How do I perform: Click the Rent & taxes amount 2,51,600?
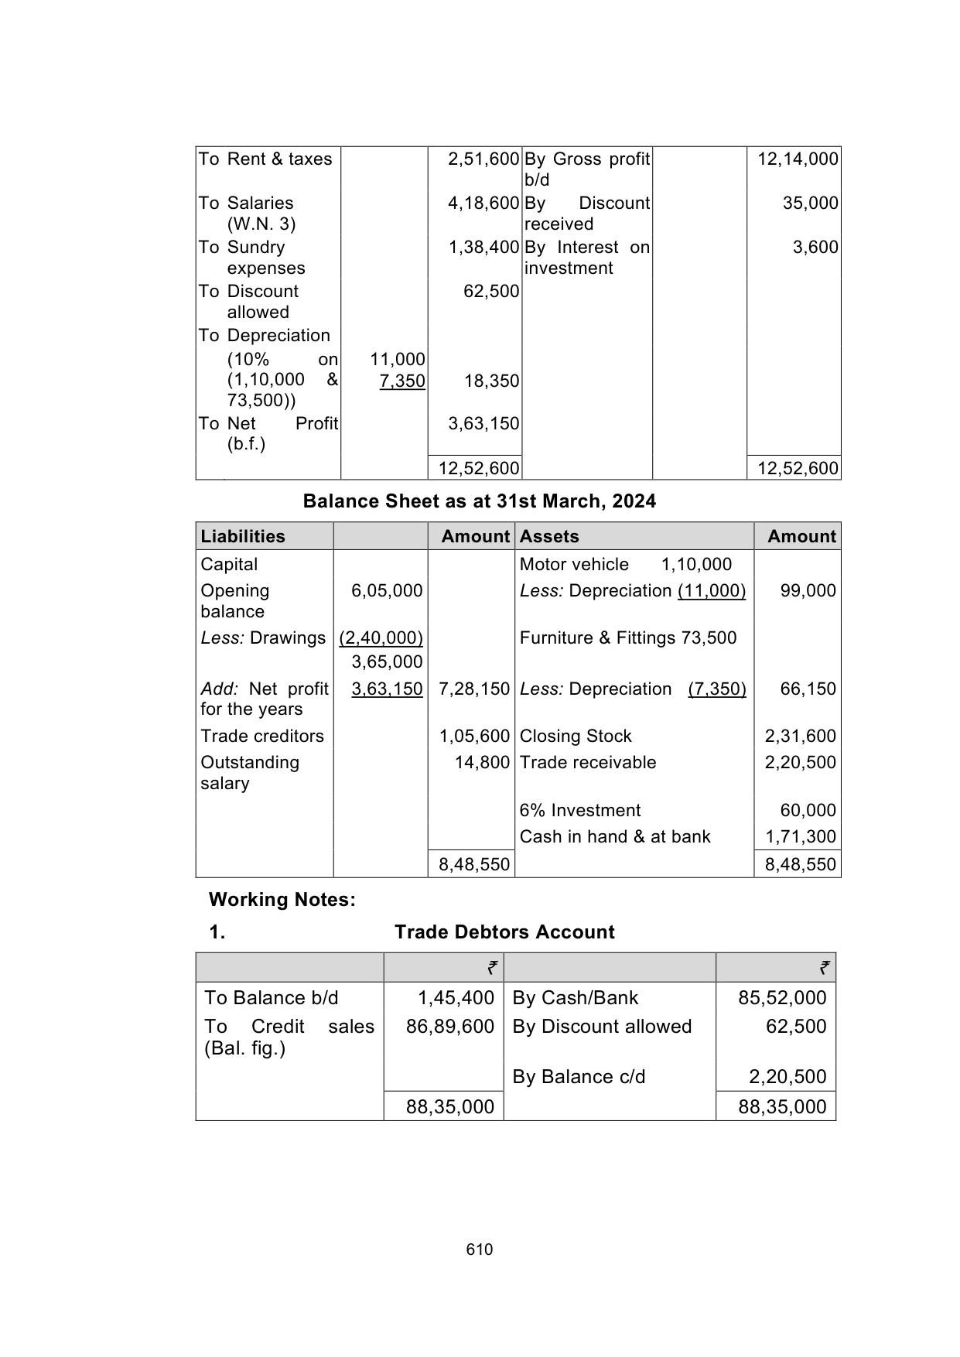coord(483,159)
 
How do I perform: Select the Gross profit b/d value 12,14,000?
coord(798,159)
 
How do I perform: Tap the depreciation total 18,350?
coord(491,381)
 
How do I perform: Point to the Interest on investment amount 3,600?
coord(815,248)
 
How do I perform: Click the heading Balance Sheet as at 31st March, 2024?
coord(479,501)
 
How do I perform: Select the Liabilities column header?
coord(243,536)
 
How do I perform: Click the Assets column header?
coord(549,536)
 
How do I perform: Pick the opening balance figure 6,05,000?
coord(387,591)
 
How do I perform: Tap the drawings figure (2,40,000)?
coord(381,638)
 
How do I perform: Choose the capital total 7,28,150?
coord(474,689)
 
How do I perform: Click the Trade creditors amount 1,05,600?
coord(474,737)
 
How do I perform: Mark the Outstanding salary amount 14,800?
coord(482,763)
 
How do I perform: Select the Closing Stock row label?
coord(576,737)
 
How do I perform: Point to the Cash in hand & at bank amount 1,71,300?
coord(801,837)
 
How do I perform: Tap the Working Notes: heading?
coord(282,900)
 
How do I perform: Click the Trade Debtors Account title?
coord(504,932)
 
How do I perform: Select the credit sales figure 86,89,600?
coord(450,1027)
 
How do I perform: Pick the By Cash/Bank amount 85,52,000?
coord(782,998)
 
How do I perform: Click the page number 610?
coord(480,1249)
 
